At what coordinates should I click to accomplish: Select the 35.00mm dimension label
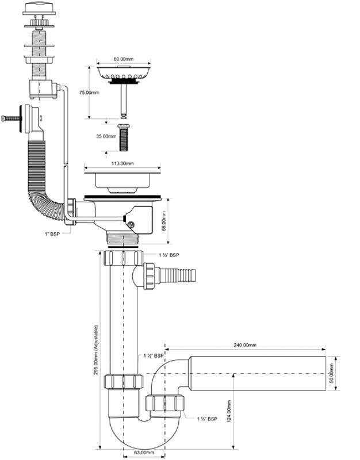click(105, 137)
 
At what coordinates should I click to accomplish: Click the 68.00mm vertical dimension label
click(164, 220)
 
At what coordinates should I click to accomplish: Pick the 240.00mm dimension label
click(246, 345)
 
